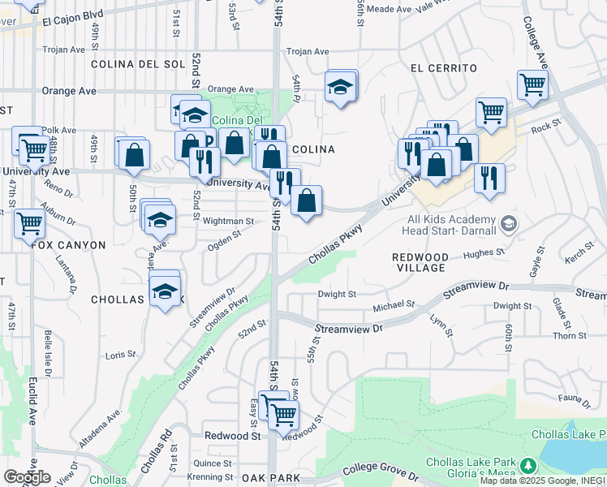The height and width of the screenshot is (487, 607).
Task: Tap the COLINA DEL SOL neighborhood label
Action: click(x=139, y=64)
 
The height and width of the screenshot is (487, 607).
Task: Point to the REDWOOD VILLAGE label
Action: click(x=420, y=261)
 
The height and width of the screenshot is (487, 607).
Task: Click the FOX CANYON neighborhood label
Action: click(x=69, y=245)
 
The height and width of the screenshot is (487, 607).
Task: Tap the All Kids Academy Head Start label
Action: click(x=451, y=225)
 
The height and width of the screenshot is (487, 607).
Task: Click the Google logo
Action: click(x=27, y=477)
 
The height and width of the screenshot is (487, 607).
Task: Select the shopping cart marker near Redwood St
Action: click(x=282, y=415)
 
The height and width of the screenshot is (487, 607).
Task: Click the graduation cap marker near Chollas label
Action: click(x=165, y=291)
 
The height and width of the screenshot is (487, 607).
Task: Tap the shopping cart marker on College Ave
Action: click(x=532, y=84)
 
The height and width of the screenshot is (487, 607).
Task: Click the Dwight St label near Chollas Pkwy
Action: click(x=337, y=295)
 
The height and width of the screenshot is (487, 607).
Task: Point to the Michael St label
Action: click(x=394, y=307)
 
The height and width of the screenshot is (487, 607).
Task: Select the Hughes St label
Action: click(x=479, y=254)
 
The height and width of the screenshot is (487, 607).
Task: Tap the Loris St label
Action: click(x=120, y=355)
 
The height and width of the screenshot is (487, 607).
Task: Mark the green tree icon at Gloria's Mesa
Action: click(x=529, y=465)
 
